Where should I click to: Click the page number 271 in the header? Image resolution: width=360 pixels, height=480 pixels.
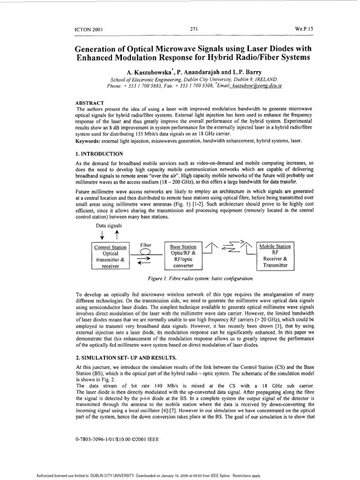click(x=193, y=29)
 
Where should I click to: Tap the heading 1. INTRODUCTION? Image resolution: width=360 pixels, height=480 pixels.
click(x=99, y=154)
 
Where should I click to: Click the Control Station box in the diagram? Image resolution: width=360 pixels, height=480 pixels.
click(x=111, y=256)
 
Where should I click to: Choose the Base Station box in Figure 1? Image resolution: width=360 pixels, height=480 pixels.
click(x=183, y=256)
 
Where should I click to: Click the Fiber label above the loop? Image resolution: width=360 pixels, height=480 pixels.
click(x=145, y=245)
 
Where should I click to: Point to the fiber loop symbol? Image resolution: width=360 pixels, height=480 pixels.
click(x=146, y=252)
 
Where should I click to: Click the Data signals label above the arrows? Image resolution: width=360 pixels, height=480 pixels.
click(x=109, y=225)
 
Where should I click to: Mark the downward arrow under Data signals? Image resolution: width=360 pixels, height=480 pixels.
click(x=103, y=235)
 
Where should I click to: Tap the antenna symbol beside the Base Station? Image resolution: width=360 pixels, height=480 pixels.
click(x=211, y=248)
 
